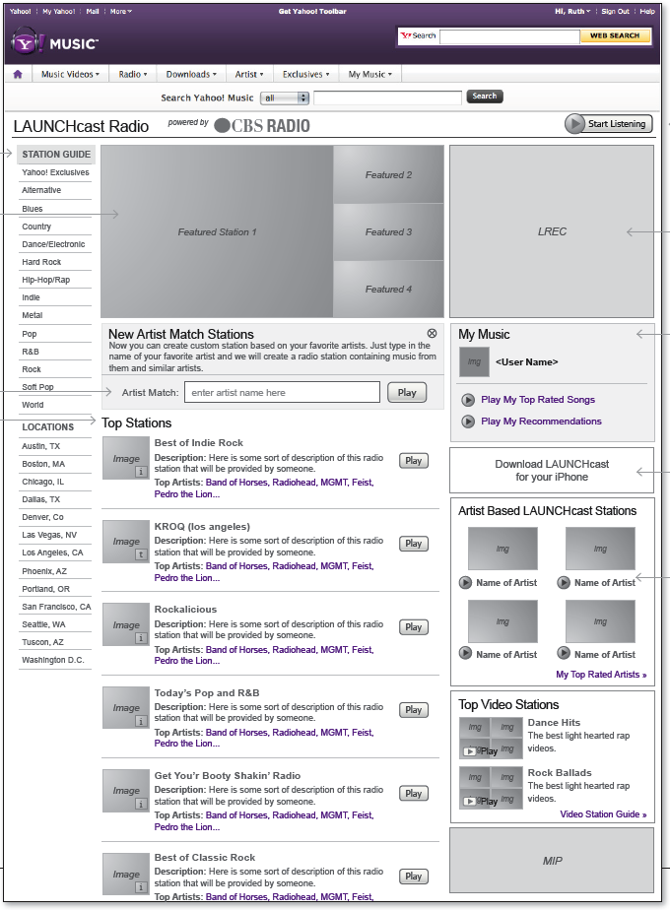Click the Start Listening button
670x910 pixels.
608,123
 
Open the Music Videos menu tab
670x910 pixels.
70,74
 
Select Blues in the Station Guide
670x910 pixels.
33,209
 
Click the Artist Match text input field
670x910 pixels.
282,392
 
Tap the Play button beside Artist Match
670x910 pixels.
407,392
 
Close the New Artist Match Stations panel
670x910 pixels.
432,334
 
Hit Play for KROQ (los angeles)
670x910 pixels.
414,544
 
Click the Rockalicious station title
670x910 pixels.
185,610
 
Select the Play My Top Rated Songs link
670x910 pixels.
537,400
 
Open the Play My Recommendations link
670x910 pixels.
541,422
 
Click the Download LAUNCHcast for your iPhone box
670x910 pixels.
551,470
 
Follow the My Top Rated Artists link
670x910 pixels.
601,675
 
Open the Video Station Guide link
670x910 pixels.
603,814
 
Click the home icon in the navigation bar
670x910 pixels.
18,74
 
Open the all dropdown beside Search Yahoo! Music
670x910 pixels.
286,97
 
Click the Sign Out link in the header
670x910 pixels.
615,12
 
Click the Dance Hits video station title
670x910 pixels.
554,723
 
